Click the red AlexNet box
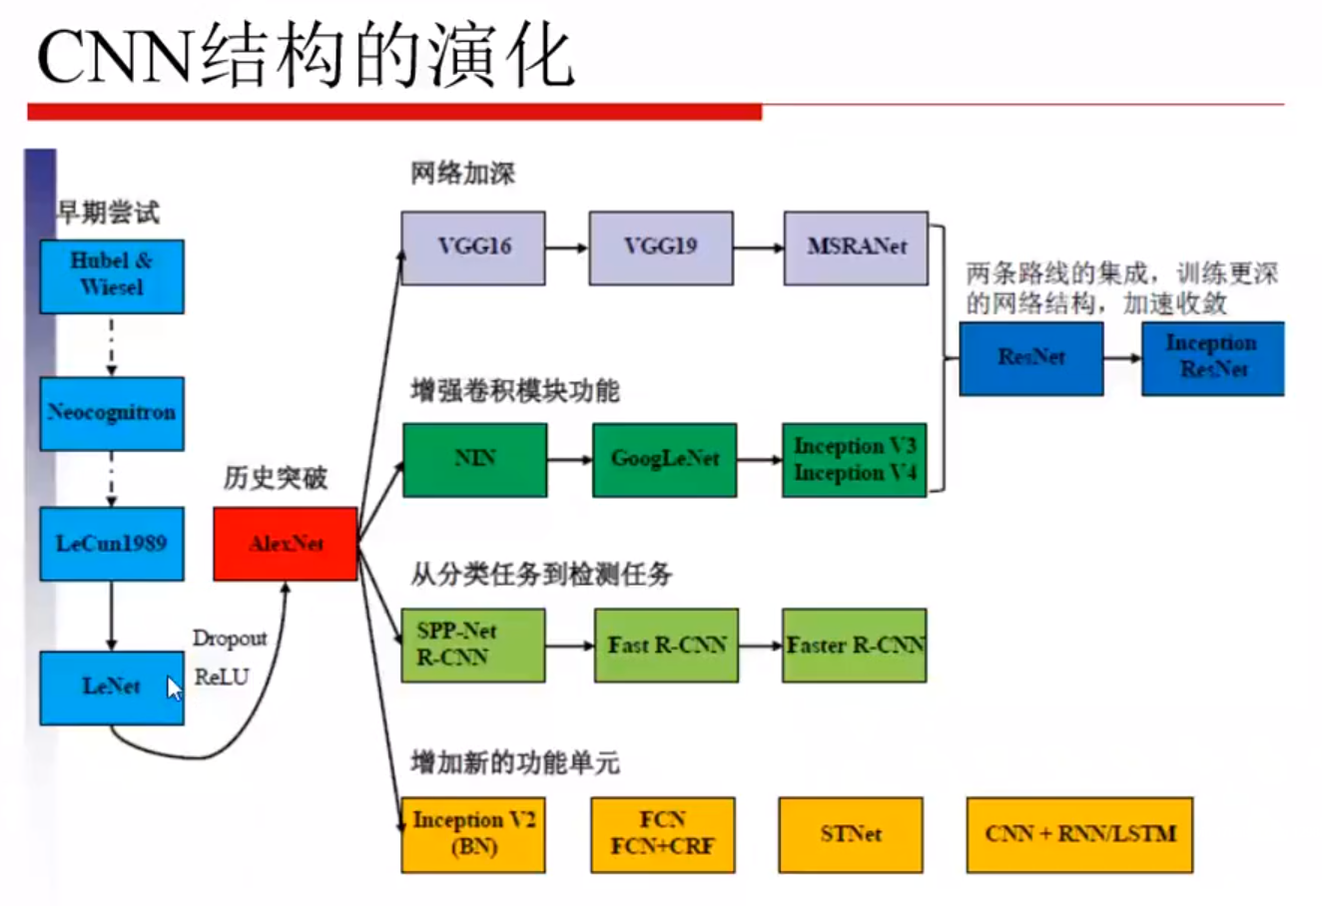point(286,544)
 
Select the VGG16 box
point(473,247)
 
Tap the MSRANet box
point(856,247)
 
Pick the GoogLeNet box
point(664,459)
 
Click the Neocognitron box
point(112,413)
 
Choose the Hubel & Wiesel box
point(112,275)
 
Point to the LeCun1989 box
point(112,544)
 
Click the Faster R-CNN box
point(855,646)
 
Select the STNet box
point(851,834)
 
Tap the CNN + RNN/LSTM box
point(1079,834)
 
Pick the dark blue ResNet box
point(1031,358)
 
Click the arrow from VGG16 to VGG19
point(567,247)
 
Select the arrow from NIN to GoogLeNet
point(570,460)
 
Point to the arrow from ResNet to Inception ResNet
point(1122,358)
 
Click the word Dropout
point(230,639)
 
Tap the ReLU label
point(222,678)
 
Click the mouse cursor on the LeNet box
point(175,688)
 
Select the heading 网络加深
point(463,174)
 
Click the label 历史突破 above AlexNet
point(276,479)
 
